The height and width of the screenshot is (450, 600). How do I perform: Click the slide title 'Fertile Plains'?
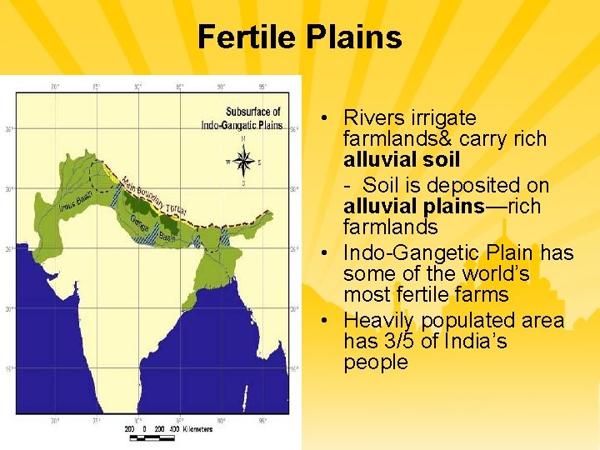click(x=300, y=37)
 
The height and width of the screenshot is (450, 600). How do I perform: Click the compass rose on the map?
click(x=243, y=160)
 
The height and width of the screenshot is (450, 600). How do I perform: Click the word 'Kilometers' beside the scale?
click(x=193, y=429)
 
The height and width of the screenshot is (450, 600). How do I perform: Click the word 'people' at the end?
click(x=375, y=362)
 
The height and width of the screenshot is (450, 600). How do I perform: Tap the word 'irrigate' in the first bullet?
click(x=447, y=118)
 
